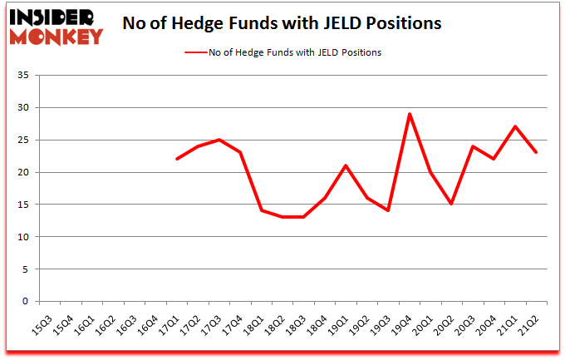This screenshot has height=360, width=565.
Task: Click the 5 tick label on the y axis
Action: pos(27,269)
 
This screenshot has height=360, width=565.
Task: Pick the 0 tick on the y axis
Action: pos(27,302)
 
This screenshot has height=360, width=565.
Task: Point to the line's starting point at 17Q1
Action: pos(178,159)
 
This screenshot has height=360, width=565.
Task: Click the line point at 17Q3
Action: pos(220,140)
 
